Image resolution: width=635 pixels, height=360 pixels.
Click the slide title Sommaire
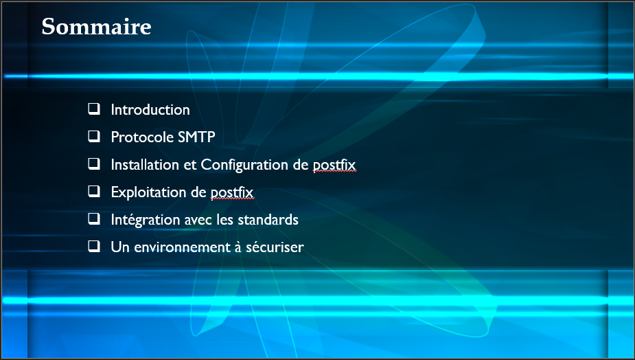[96, 27]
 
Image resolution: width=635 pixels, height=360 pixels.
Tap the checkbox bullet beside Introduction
[94, 109]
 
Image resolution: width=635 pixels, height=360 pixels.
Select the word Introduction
[150, 110]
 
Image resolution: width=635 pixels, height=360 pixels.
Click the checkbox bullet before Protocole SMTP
[94, 137]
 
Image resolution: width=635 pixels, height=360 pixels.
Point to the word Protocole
[143, 137]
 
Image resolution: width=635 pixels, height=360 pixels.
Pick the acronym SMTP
[196, 137]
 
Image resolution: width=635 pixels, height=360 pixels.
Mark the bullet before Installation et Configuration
[94, 164]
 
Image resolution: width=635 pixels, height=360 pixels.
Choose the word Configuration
[244, 166]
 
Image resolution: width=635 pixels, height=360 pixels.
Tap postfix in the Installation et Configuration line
[334, 166]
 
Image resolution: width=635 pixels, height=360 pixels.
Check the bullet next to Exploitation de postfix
[94, 192]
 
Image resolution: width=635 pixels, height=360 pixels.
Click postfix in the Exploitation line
[232, 192]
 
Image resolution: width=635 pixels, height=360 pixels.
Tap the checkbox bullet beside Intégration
[94, 219]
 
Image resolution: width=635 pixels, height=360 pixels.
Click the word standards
[268, 220]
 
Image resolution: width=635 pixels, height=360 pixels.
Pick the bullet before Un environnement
[94, 247]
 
